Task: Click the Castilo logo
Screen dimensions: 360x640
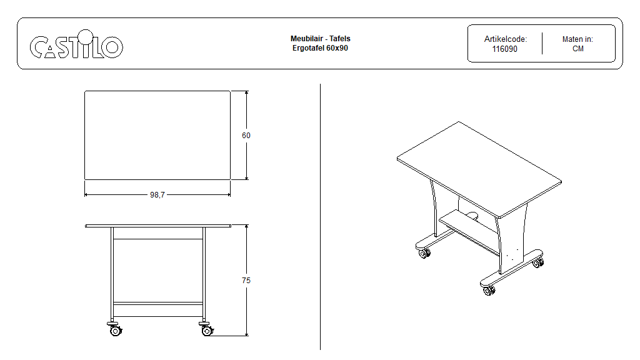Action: tap(76, 46)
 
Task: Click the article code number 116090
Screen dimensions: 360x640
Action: tap(504, 49)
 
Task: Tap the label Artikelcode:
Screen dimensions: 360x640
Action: tap(505, 39)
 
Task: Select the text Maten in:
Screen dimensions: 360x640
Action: tap(577, 39)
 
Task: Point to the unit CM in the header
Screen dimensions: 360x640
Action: tap(577, 49)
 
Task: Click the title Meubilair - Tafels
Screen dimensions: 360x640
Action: tap(320, 39)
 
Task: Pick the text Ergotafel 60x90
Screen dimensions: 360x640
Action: tap(320, 48)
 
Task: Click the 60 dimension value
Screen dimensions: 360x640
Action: tap(246, 135)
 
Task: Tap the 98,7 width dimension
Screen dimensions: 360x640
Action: tap(157, 195)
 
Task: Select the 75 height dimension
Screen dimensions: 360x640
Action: tap(246, 281)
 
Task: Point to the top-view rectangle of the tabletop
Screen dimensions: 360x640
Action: tap(157, 135)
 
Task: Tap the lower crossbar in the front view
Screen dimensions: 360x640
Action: tap(158, 304)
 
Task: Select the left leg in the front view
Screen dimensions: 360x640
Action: tap(112, 275)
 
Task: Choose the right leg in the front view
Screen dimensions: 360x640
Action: tap(204, 275)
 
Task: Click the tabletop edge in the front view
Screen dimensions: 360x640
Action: tap(158, 226)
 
